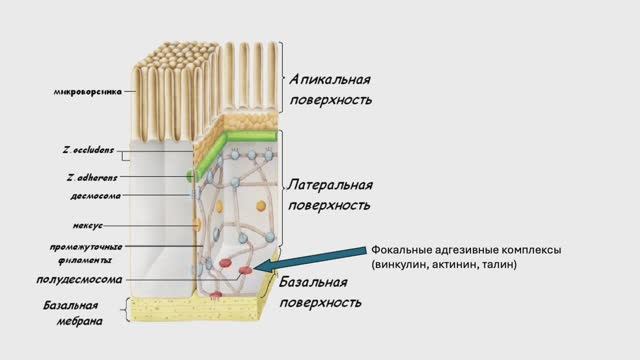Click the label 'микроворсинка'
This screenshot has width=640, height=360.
pos(88,92)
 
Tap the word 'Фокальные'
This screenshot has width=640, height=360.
pos(402,249)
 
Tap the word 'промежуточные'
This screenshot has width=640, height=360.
pos(86,246)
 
